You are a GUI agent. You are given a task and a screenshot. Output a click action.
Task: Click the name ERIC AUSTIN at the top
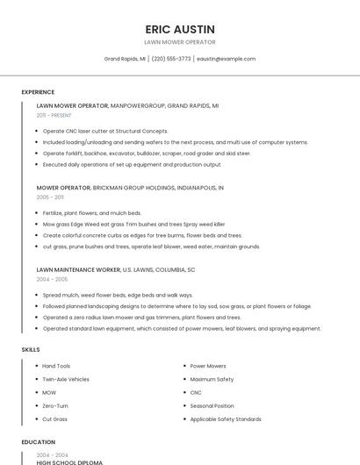179,29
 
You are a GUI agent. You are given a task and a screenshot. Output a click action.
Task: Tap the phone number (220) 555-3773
171,59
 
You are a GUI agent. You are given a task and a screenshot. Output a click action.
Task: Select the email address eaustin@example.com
226,59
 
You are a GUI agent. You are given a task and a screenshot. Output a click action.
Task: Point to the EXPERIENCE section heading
38,92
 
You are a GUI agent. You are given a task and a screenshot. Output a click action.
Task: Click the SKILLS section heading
31,349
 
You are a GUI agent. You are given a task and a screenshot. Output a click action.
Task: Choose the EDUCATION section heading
38,442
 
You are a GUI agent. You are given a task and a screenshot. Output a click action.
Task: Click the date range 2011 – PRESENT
54,115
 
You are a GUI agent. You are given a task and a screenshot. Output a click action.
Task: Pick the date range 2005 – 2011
50,197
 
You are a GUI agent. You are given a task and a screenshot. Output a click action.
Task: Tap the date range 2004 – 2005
51,279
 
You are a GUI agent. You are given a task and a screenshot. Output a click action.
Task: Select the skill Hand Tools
56,366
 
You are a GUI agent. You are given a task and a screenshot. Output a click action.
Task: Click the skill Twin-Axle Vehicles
66,379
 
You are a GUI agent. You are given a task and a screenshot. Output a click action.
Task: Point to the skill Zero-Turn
55,406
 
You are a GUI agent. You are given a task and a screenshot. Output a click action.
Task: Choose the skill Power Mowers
208,366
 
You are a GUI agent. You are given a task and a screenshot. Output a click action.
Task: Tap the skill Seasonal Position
212,406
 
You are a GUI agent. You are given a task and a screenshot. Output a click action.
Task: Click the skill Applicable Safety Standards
226,419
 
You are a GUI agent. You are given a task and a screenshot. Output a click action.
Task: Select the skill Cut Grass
54,419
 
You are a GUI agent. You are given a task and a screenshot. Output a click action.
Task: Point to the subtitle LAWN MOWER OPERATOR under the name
179,42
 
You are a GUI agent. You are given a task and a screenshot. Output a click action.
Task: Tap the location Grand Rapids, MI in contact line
125,59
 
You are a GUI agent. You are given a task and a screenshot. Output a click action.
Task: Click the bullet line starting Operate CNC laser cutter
105,131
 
